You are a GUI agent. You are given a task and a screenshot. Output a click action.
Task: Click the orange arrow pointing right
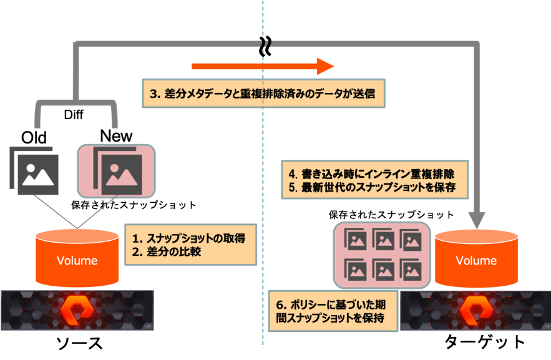coord(262,66)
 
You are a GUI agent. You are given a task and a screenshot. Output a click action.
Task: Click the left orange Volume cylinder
coord(77,258)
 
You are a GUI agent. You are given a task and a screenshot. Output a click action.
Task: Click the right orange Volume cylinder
coord(476,258)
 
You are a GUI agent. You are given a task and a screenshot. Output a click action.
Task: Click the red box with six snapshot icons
coord(382,254)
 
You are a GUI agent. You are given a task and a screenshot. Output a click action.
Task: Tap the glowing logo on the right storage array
coord(476,310)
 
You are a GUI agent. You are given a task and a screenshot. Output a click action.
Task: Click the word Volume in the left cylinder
coord(77,261)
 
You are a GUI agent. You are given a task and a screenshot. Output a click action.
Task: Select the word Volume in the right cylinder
coord(476,261)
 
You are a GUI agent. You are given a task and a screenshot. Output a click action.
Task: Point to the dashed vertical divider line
coord(263,187)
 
